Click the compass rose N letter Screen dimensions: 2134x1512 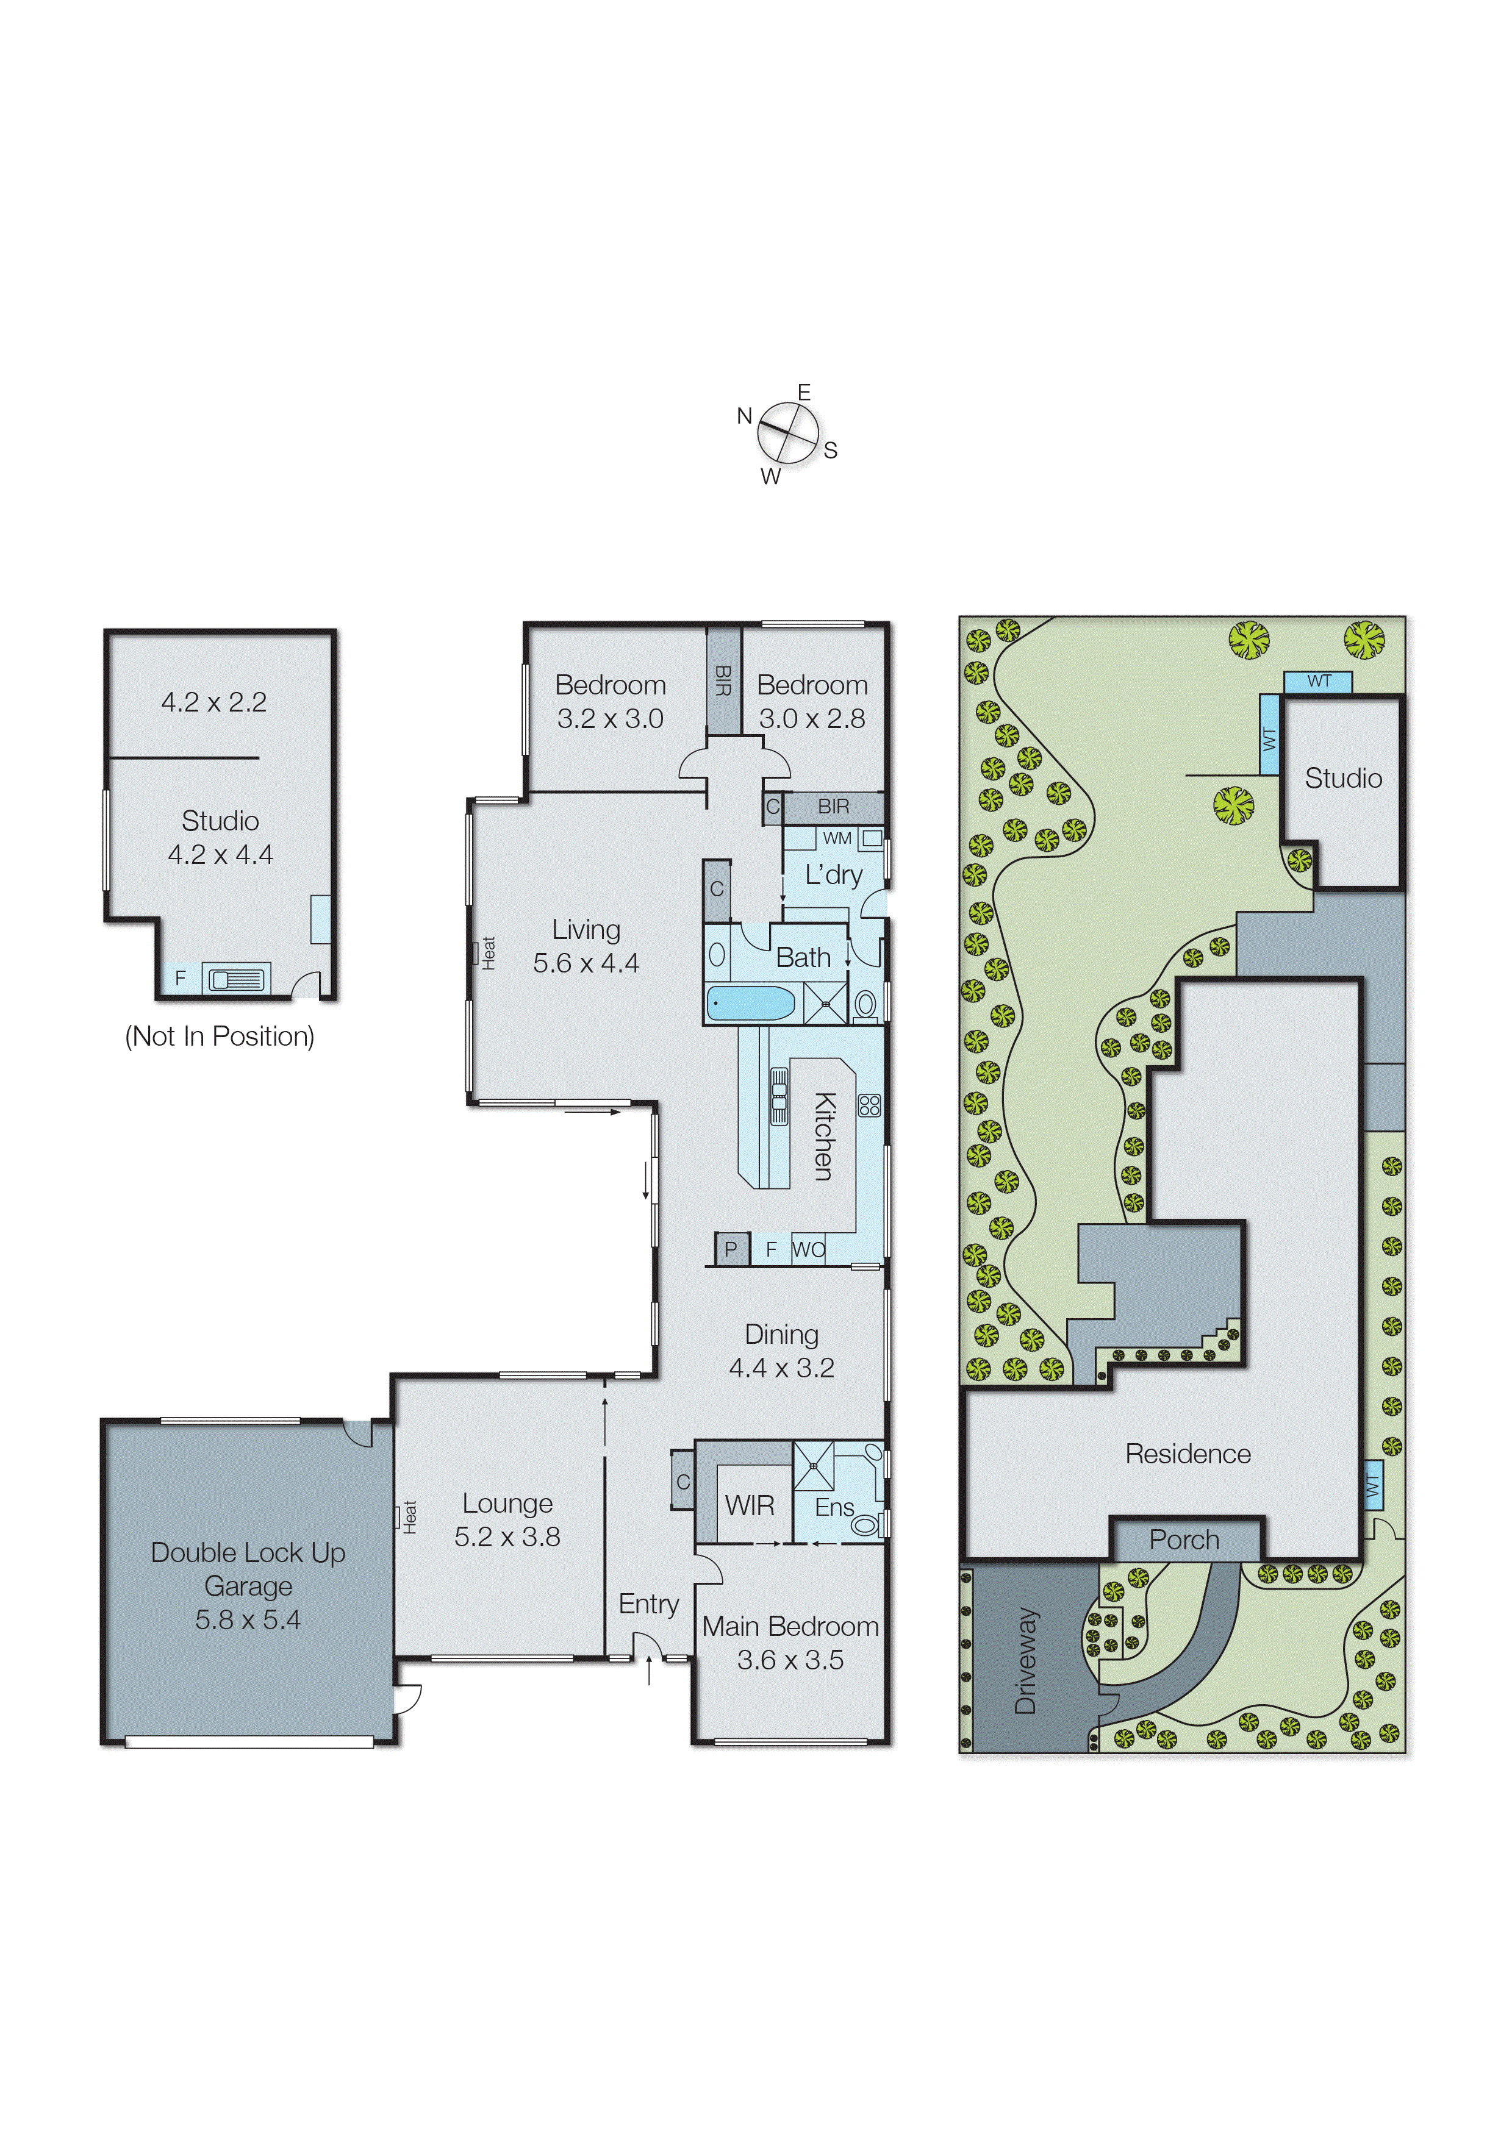(744, 416)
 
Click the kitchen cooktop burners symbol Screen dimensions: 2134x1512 (870, 1105)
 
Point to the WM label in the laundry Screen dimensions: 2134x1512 (837, 838)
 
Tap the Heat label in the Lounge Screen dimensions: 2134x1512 (410, 1517)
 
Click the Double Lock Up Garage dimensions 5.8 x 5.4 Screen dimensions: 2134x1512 (248, 1620)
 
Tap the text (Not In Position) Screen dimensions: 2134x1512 (220, 1036)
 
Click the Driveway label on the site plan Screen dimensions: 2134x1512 (1025, 1660)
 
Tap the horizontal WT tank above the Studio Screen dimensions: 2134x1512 (1317, 681)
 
